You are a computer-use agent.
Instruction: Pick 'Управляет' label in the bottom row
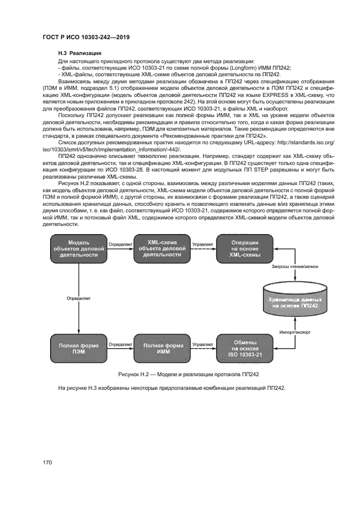tap(202, 344)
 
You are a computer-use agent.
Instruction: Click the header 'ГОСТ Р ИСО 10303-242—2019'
tap(89, 37)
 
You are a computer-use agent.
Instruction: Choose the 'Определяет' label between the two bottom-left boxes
tap(120, 344)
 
